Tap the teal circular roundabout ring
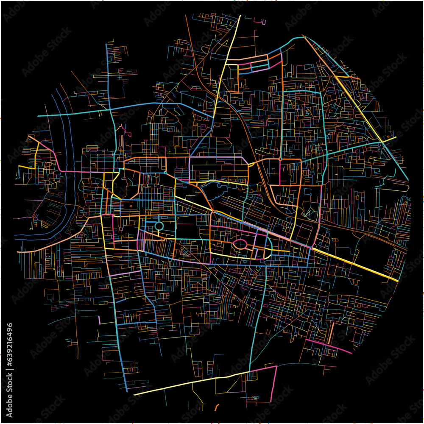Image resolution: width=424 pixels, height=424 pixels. (x=159, y=226)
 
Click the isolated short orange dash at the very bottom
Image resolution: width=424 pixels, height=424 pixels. (x=216, y=407)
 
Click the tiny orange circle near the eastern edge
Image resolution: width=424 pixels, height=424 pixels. (x=387, y=137)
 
